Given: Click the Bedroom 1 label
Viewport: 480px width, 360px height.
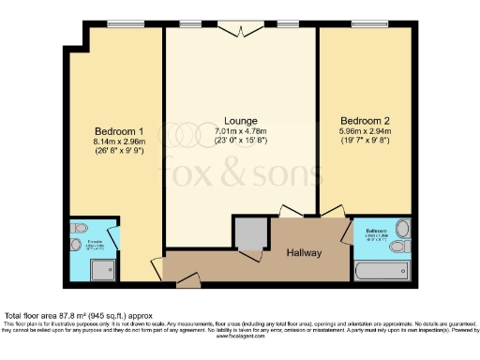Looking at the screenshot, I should point(118,130).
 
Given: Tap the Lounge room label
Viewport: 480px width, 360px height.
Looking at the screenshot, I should point(241,121).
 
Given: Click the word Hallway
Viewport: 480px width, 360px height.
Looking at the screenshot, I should point(303,252).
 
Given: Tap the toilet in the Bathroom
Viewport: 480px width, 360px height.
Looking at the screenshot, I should point(402,228).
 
